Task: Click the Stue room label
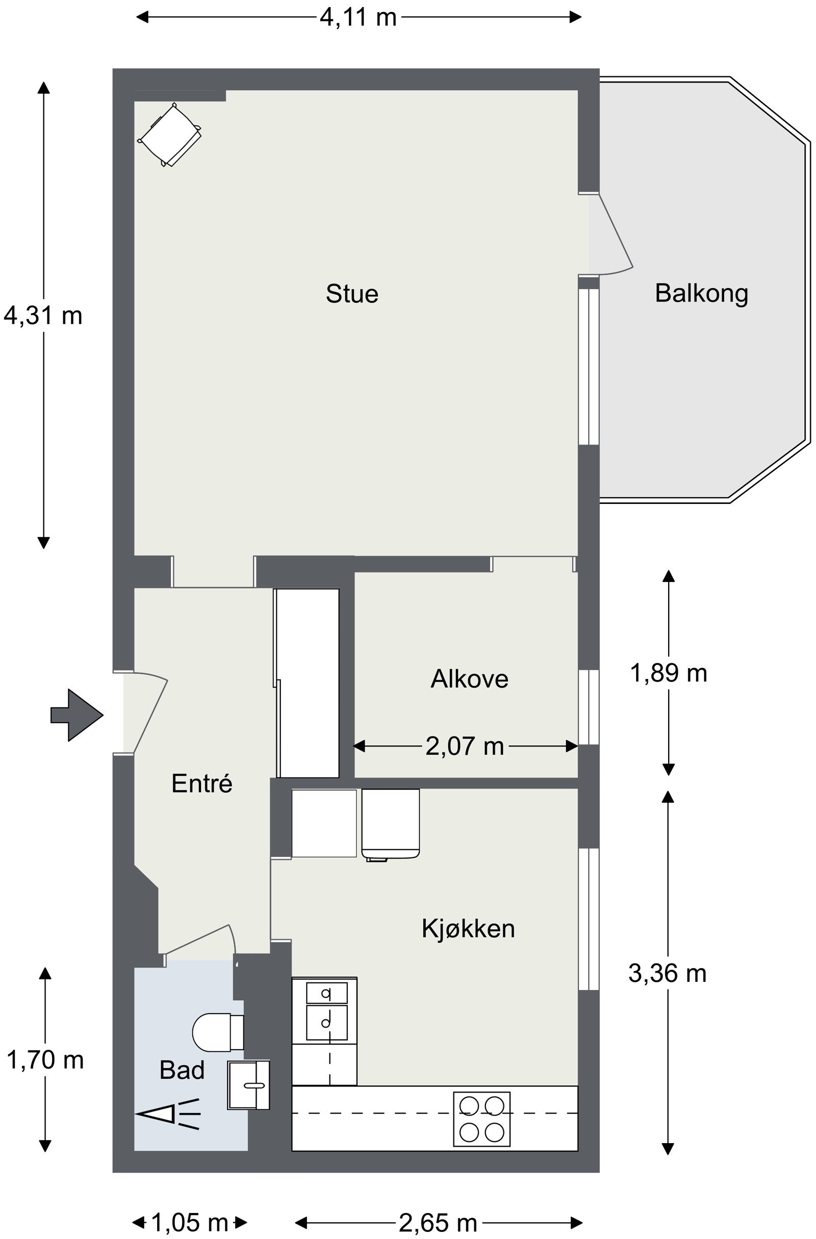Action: pos(352,294)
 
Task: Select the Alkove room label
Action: pos(469,679)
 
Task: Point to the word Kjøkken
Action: pos(468,928)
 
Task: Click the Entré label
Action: pos(202,783)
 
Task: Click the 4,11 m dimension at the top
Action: pos(358,17)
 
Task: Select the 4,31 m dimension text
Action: pos(43,315)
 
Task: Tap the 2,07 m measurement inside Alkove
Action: pos(465,746)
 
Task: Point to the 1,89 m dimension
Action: pos(668,673)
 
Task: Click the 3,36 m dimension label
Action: pos(668,973)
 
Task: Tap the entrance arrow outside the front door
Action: pos(77,715)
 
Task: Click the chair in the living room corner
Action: pos(169,134)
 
